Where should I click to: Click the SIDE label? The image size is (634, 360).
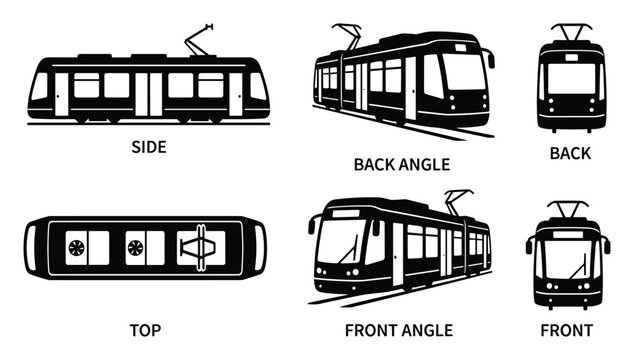point(149,146)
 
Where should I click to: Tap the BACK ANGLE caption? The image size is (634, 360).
point(401,163)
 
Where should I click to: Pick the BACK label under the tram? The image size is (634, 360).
point(570,153)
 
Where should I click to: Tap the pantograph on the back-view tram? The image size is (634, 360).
point(572,33)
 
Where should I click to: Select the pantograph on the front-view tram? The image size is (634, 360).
point(569,211)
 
